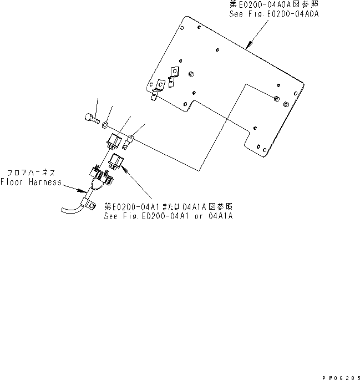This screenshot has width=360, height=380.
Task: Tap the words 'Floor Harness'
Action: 31,181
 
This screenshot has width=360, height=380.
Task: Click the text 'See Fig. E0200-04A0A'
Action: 274,14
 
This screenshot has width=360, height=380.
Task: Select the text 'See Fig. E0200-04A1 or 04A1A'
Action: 168,215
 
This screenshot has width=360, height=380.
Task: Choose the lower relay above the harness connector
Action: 116,162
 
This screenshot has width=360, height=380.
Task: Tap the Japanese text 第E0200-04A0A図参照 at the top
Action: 274,4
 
